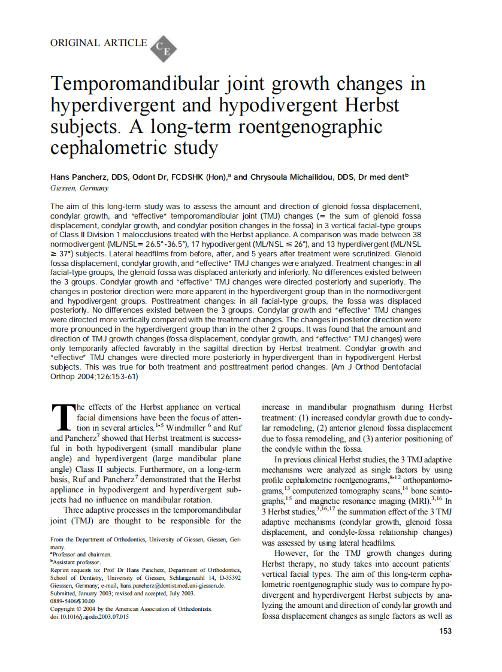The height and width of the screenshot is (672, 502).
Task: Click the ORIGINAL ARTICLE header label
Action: coord(99,43)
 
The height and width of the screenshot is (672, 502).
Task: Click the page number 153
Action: coord(445,631)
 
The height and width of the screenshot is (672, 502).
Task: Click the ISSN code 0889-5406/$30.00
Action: coord(72,601)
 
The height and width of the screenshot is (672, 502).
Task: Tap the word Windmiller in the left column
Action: coord(186,428)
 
